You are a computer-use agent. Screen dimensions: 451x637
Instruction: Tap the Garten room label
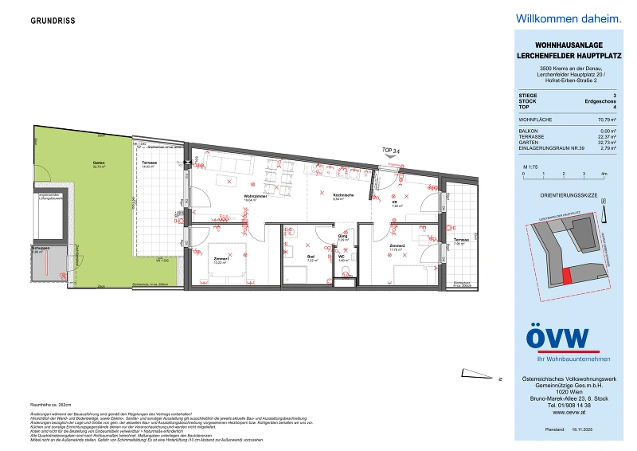point(99,164)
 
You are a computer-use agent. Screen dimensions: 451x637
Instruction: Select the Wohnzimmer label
point(254,198)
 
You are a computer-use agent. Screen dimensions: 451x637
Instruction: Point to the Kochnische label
point(343,196)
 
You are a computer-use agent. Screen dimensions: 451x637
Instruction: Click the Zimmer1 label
point(221,258)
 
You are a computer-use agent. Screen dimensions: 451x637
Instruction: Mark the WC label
point(343,257)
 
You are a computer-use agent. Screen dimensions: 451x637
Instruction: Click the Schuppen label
point(41,249)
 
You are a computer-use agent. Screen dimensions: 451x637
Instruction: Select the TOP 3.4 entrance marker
point(392,149)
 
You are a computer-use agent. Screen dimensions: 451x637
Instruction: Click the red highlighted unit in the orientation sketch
point(567,275)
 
